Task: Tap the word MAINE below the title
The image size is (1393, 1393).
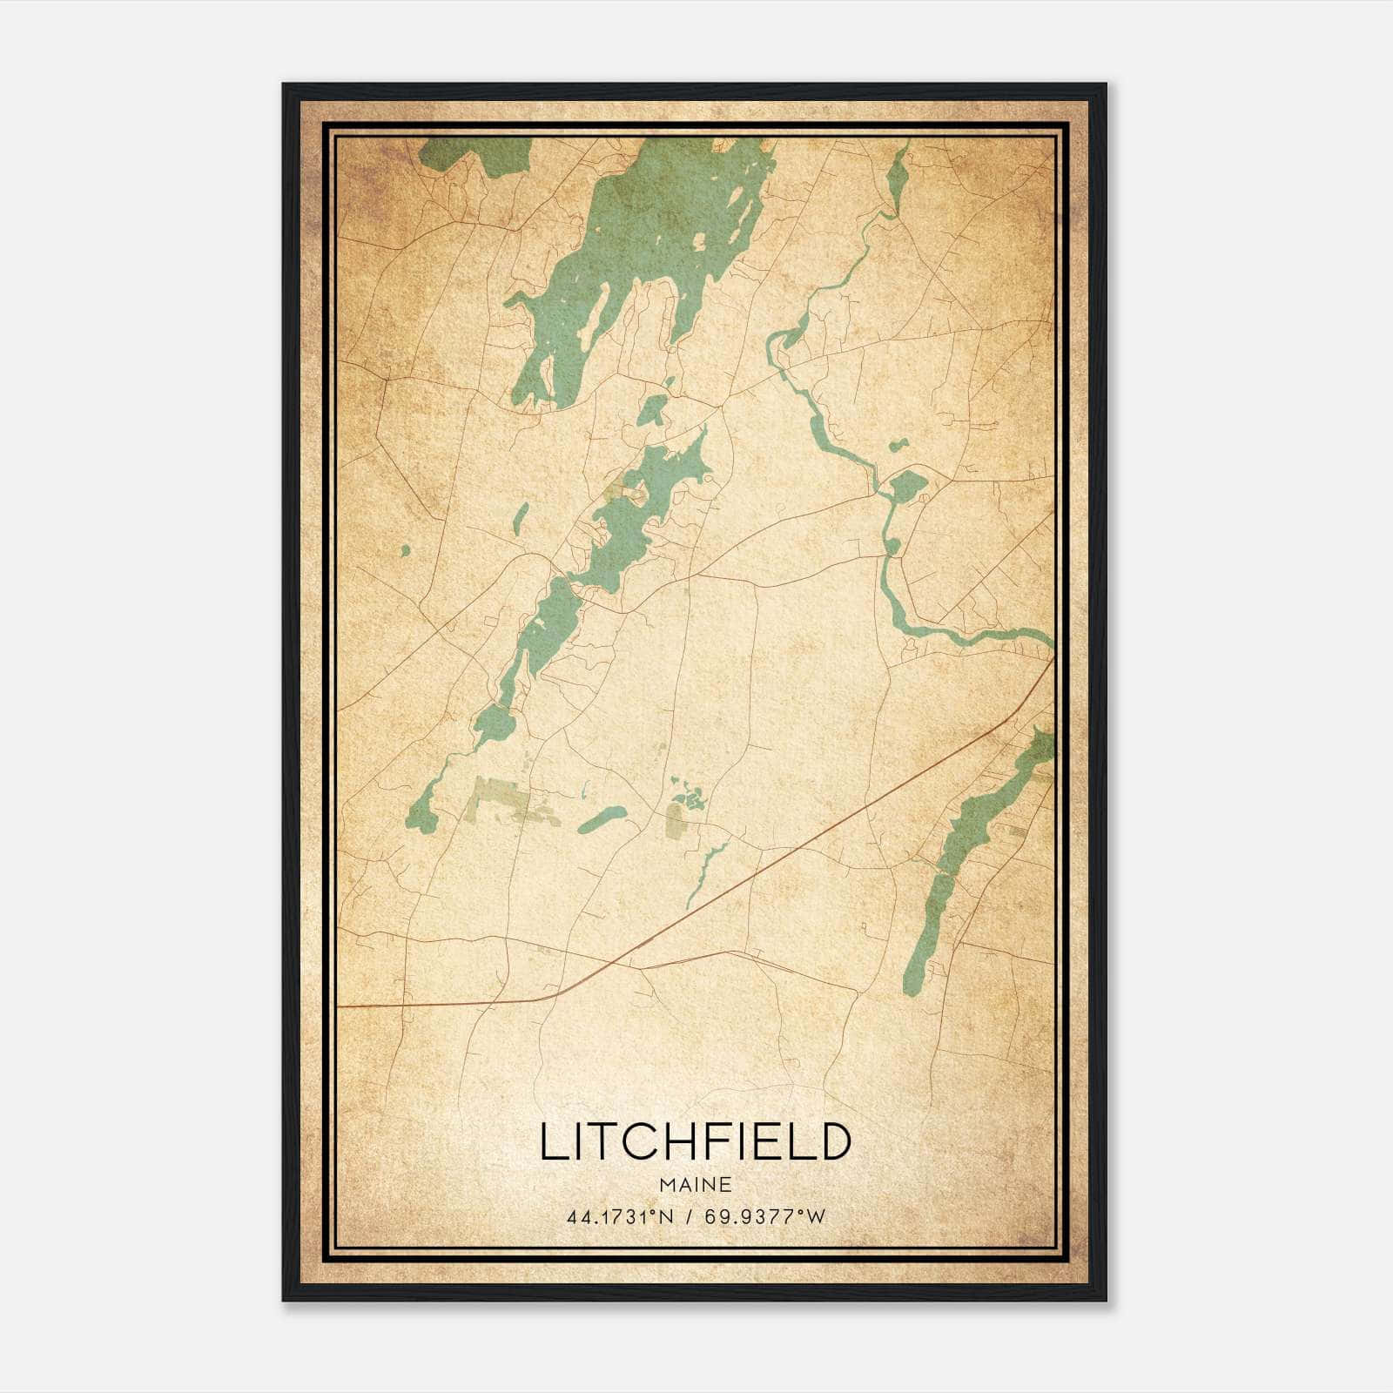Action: tap(695, 1185)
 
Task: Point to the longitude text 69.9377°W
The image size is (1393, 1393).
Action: tap(765, 1217)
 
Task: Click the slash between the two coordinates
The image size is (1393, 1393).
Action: tap(688, 1217)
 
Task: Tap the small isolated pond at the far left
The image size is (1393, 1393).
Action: tap(405, 550)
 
